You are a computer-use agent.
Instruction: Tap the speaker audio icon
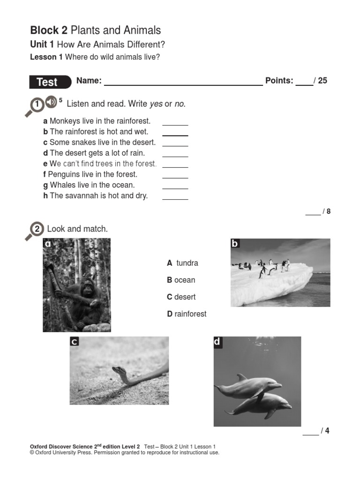[x=51, y=102]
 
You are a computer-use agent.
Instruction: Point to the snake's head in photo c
[x=117, y=370]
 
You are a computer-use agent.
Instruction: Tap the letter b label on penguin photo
[x=235, y=243]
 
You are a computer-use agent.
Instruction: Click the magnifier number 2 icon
[x=37, y=230]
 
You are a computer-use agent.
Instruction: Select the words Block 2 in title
[x=49, y=30]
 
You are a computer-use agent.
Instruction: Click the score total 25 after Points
[x=322, y=81]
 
